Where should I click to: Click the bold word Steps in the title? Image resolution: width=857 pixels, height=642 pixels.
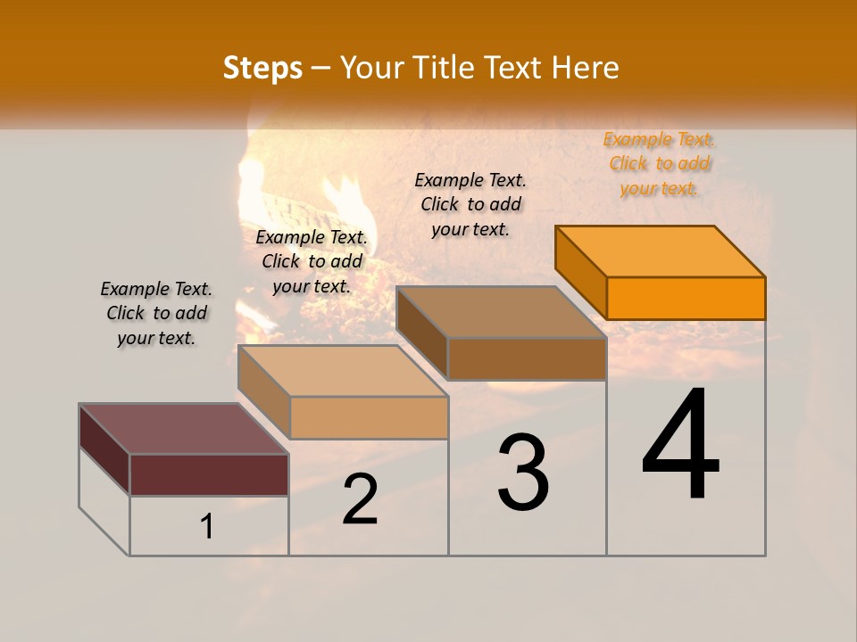(x=262, y=68)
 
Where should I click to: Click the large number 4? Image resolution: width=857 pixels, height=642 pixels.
(x=680, y=444)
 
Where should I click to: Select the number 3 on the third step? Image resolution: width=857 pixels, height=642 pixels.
(x=523, y=473)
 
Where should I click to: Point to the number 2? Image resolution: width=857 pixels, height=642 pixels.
(x=360, y=499)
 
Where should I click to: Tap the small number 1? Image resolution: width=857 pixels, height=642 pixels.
(x=207, y=526)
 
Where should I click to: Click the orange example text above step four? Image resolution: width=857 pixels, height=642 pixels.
(x=659, y=163)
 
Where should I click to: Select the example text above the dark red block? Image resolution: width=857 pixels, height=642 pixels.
(x=156, y=313)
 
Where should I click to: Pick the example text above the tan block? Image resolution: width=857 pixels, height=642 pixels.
(x=312, y=261)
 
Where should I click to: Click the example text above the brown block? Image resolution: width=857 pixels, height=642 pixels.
(x=470, y=204)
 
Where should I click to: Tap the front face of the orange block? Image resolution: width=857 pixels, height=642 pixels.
(x=686, y=298)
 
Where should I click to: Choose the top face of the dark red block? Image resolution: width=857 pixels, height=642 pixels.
(x=184, y=429)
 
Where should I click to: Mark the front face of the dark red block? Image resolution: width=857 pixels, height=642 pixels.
(x=209, y=474)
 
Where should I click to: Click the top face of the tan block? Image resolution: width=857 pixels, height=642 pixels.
(x=343, y=370)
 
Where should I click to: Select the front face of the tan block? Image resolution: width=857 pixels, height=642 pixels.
(x=369, y=417)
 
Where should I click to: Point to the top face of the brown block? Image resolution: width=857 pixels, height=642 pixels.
(x=502, y=311)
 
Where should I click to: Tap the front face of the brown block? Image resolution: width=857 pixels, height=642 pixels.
(x=527, y=358)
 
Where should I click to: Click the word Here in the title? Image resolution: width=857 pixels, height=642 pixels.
(x=586, y=68)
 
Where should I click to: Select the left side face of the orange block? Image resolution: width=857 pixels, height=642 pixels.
(x=580, y=271)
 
